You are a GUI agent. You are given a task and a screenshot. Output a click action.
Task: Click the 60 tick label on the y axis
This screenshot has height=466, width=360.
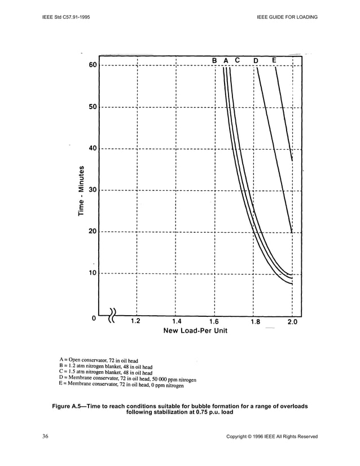pos(92,66)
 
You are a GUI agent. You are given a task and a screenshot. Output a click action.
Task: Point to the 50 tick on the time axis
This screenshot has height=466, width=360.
pos(92,107)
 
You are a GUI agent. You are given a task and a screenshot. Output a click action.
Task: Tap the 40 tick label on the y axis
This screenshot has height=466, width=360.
pos(92,149)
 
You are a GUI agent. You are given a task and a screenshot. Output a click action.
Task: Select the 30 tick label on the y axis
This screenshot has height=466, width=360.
pos(92,190)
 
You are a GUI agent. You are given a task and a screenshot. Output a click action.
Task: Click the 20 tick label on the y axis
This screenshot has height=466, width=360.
pos(92,232)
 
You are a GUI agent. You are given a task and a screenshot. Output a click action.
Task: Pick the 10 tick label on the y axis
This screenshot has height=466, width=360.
pos(92,273)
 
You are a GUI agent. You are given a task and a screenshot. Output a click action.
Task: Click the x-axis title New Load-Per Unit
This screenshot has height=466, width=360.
pos(195,330)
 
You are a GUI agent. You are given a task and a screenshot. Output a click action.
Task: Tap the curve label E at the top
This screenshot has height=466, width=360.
pos(274,60)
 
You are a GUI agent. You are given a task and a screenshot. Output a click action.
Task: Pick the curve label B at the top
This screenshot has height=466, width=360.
pos(214,60)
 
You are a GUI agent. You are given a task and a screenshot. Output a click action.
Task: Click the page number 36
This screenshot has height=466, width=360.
pos(46,436)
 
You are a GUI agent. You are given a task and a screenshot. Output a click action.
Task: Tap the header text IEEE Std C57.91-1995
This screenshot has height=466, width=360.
pos(65,17)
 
